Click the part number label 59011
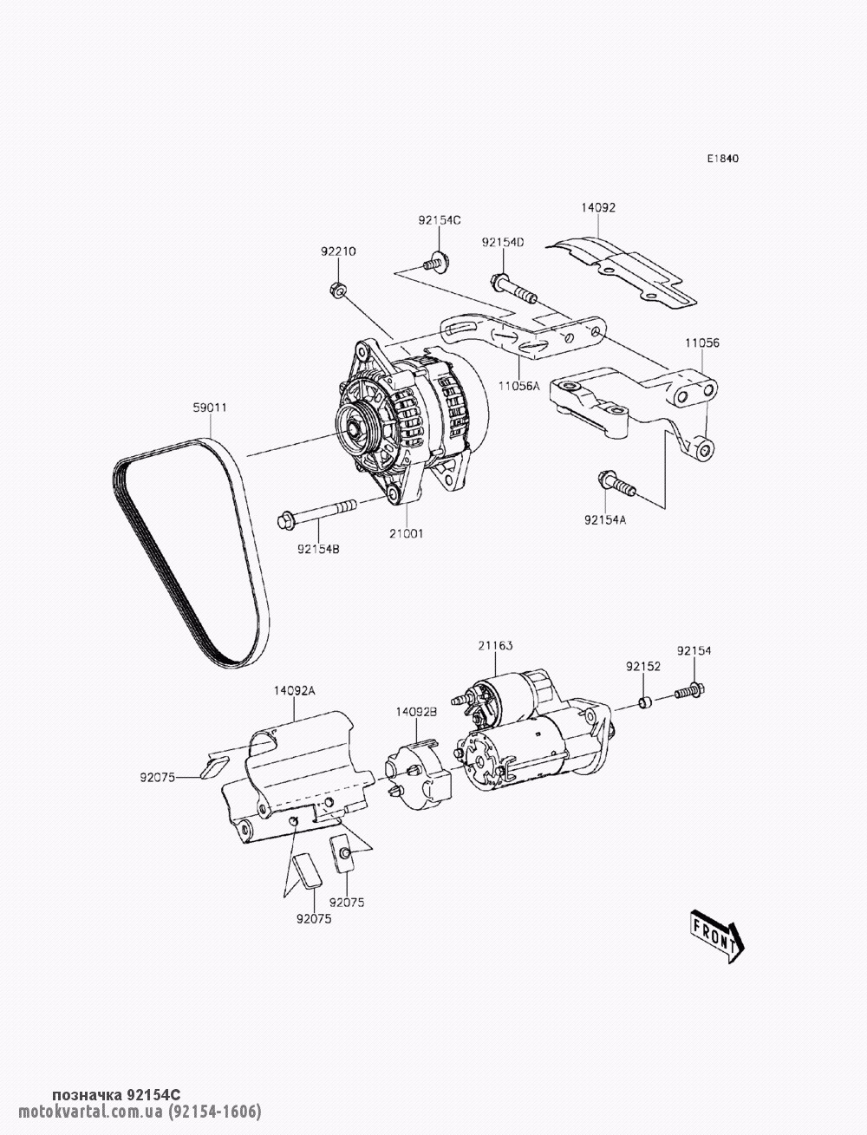pos(210,407)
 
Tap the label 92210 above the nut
pos(338,251)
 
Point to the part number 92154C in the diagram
pos(440,220)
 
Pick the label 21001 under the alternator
pos(406,534)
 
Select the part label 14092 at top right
pos(598,208)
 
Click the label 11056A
pos(518,384)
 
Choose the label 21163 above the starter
pos(495,646)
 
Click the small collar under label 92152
pos(643,701)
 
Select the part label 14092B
pos(417,711)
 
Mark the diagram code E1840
pos(722,159)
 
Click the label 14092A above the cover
pos(294,690)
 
